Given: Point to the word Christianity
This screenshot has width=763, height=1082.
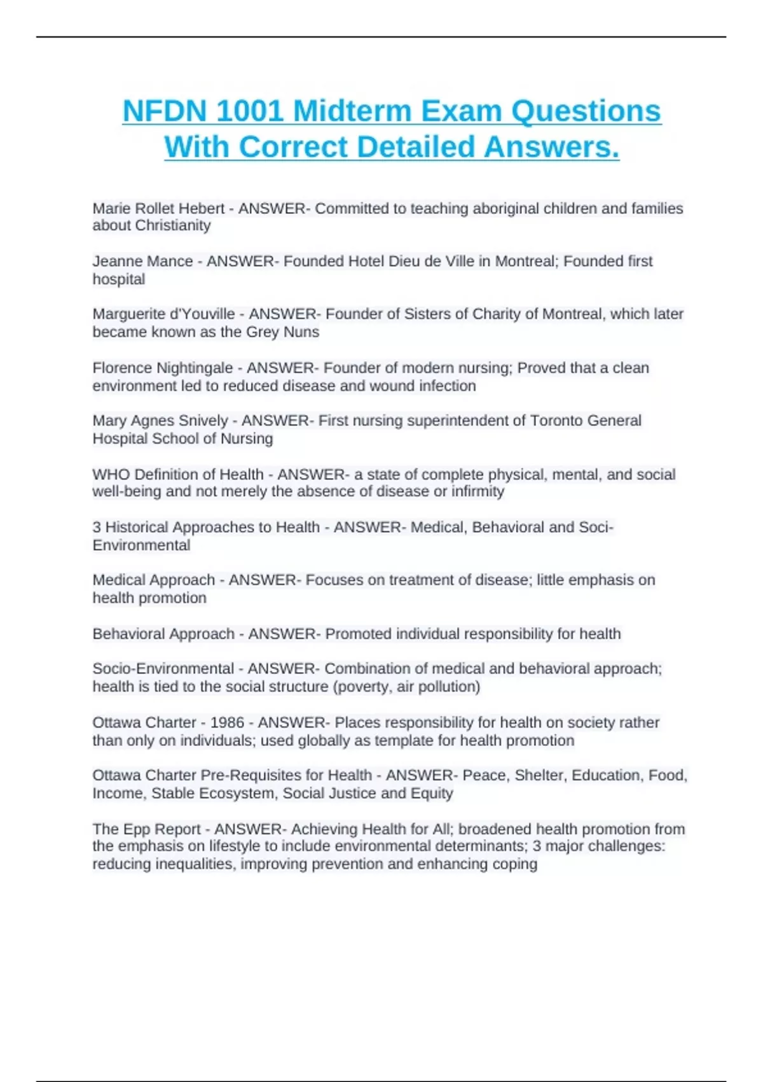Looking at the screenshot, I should point(173,225).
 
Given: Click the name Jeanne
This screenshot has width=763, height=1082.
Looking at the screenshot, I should point(115,261).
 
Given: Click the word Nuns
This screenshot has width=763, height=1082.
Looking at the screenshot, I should point(301,332).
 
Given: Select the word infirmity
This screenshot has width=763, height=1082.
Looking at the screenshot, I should point(478,491).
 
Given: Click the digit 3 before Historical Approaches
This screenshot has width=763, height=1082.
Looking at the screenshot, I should point(97,527).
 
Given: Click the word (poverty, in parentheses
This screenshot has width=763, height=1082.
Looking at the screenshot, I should point(361,687).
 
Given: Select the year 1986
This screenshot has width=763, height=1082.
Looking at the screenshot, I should point(227,722).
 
